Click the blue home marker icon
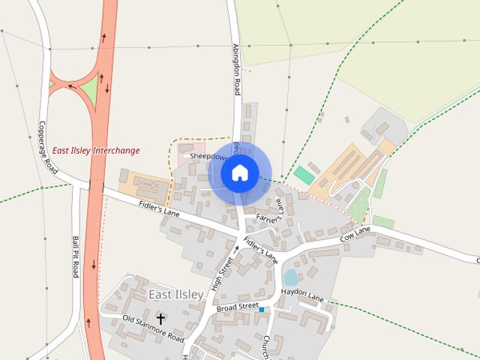coord(239,173)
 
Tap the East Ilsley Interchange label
coord(96,151)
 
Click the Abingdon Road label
coord(235,68)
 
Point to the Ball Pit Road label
coord(76,256)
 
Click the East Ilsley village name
coord(175,294)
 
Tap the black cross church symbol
coord(160,318)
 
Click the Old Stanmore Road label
coord(153,328)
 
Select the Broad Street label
coord(237,307)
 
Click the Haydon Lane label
coord(302,295)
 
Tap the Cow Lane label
coord(355,234)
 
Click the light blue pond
coord(291,277)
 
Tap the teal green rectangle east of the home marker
coord(304,175)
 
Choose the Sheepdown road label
coord(208,157)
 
